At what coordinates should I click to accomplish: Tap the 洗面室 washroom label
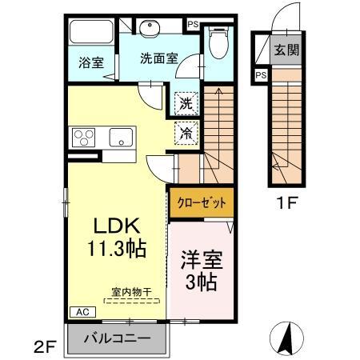[158, 58]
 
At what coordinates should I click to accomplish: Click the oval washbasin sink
[150, 30]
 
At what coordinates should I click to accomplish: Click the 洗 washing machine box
[185, 102]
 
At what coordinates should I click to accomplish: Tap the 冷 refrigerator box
[185, 132]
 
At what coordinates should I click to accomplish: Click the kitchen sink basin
[122, 136]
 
